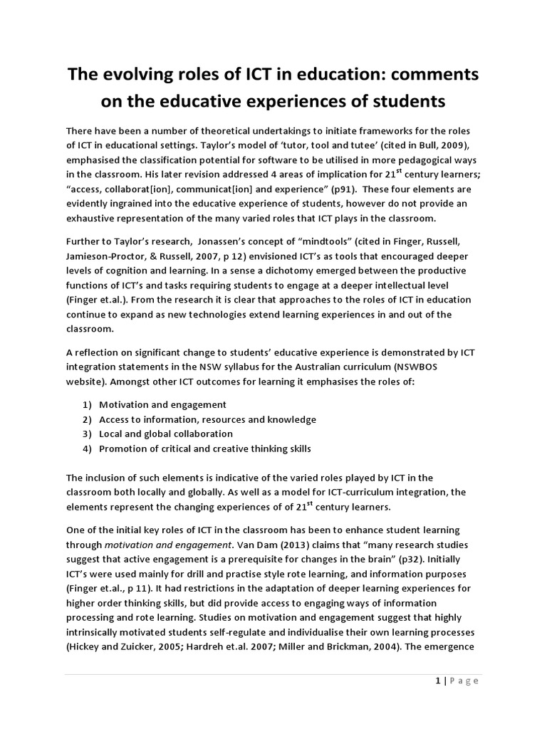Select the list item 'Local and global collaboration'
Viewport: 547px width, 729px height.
[x=166, y=434]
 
